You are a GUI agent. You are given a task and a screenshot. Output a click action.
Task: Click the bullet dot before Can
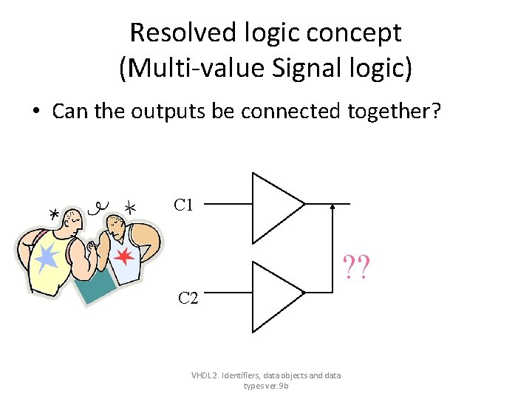[35, 112]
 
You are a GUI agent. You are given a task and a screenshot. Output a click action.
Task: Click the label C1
[184, 205]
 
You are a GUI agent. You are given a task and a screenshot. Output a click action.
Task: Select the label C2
[188, 299]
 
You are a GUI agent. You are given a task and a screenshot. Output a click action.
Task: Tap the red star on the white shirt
[125, 257]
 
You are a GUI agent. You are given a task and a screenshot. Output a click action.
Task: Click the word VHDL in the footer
[201, 375]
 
